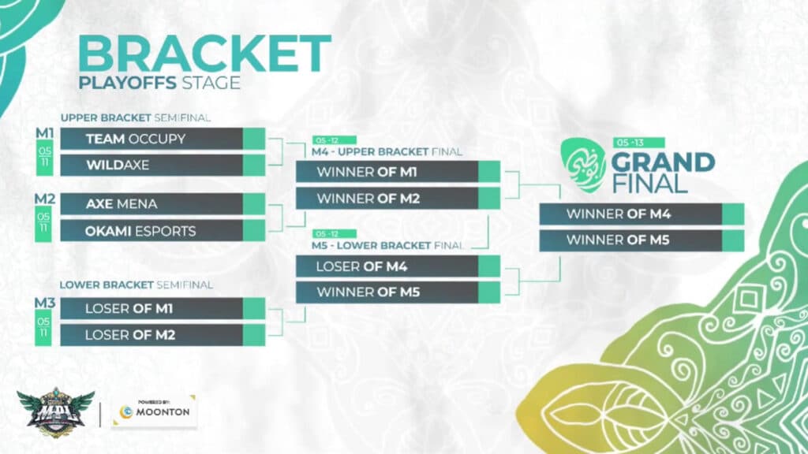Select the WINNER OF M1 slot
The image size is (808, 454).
click(x=387, y=172)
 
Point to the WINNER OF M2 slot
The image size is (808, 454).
click(x=387, y=198)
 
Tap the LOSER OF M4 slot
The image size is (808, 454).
click(x=387, y=266)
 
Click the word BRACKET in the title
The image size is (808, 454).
click(x=204, y=54)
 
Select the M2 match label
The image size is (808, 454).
click(x=44, y=197)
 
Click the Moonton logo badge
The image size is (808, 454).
click(x=154, y=411)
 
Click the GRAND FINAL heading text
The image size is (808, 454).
click(x=663, y=173)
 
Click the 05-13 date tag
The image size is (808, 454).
click(x=638, y=143)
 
